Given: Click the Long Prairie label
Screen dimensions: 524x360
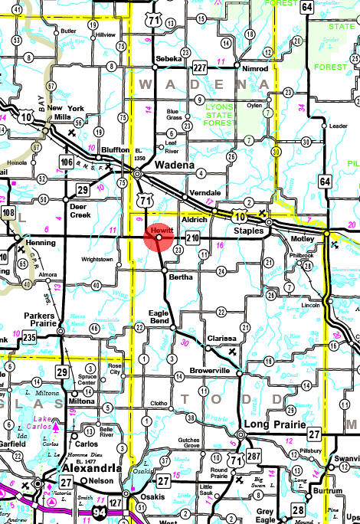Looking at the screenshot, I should pos(268,424).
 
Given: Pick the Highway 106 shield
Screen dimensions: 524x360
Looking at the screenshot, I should pos(66,162).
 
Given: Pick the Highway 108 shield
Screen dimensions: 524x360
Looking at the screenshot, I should pos(8,212).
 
